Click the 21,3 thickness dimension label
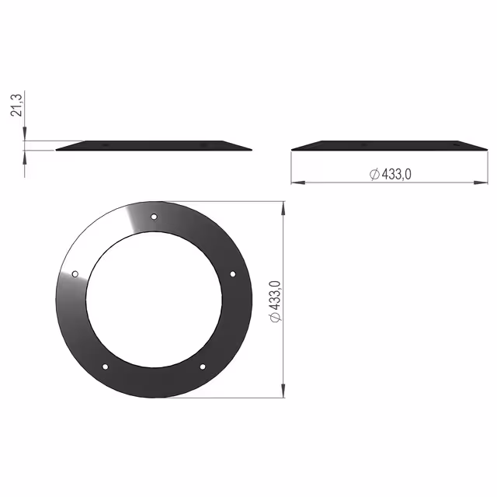click(16, 106)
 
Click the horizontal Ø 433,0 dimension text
click(391, 174)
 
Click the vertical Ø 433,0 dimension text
click(275, 301)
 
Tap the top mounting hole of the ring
click(154, 217)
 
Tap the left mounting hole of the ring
click(75, 274)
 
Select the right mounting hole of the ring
click(233, 274)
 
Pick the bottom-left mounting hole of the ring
click(106, 367)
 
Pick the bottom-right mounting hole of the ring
click(203, 367)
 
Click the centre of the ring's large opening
click(154, 300)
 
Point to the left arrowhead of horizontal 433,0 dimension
click(298, 182)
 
